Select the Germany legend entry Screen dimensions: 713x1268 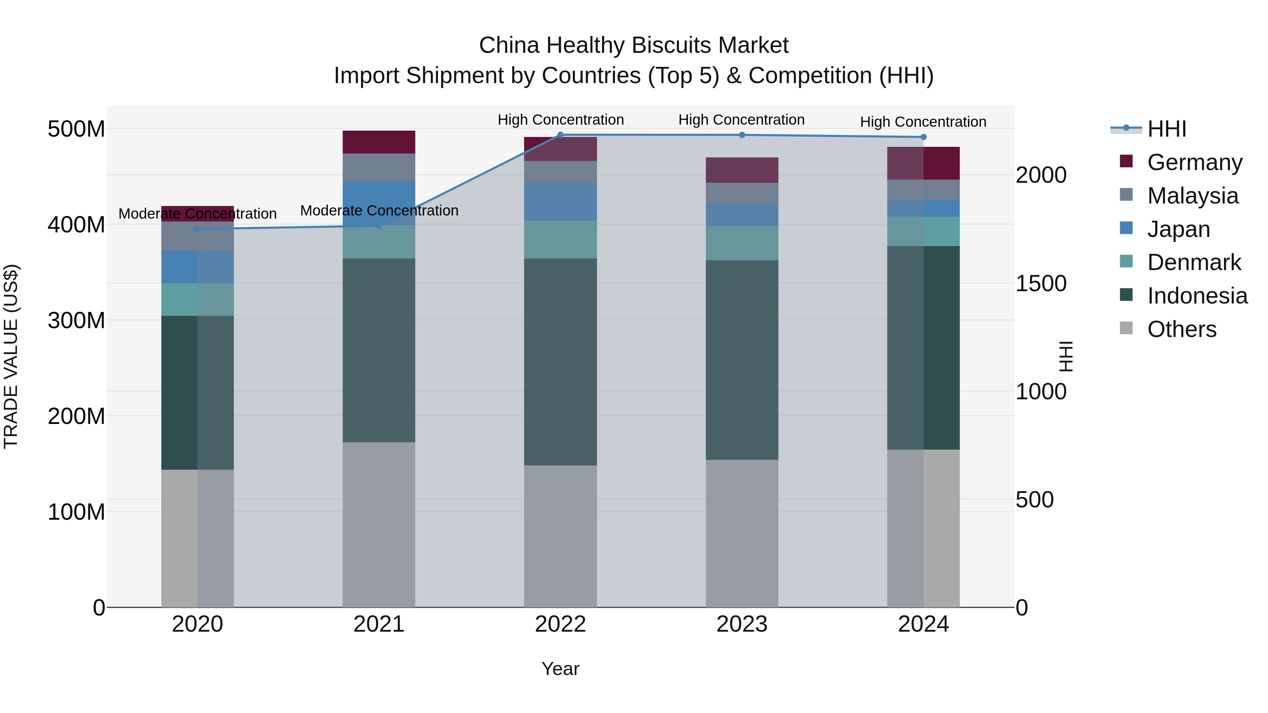point(1194,162)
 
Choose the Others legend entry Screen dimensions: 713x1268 point(1181,329)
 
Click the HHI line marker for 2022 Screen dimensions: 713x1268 point(560,135)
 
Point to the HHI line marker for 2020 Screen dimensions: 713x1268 point(197,229)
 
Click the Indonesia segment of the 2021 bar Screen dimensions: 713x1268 point(379,350)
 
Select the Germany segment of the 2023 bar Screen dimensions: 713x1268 point(742,170)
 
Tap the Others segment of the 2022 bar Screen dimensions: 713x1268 point(560,536)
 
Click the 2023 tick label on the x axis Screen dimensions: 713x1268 point(742,624)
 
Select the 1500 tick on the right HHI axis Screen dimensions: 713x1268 point(1040,283)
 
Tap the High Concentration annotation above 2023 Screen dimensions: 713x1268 point(741,120)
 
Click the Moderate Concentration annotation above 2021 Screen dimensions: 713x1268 point(379,211)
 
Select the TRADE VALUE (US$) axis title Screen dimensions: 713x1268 point(11,356)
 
